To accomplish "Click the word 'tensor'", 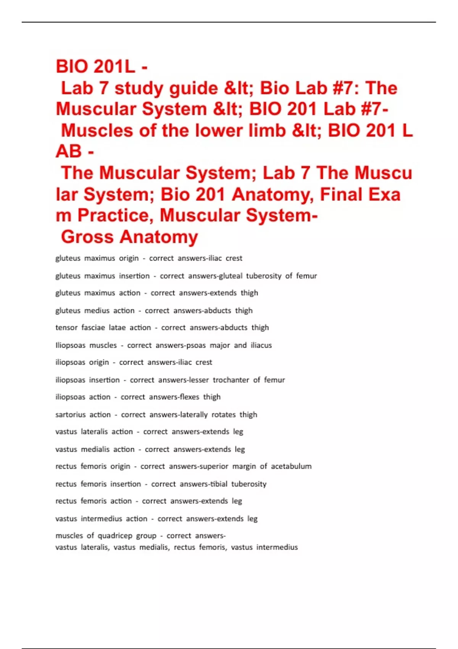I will tap(66, 328).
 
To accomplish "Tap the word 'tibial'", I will tap(218, 484).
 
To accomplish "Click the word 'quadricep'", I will tap(115, 536).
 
